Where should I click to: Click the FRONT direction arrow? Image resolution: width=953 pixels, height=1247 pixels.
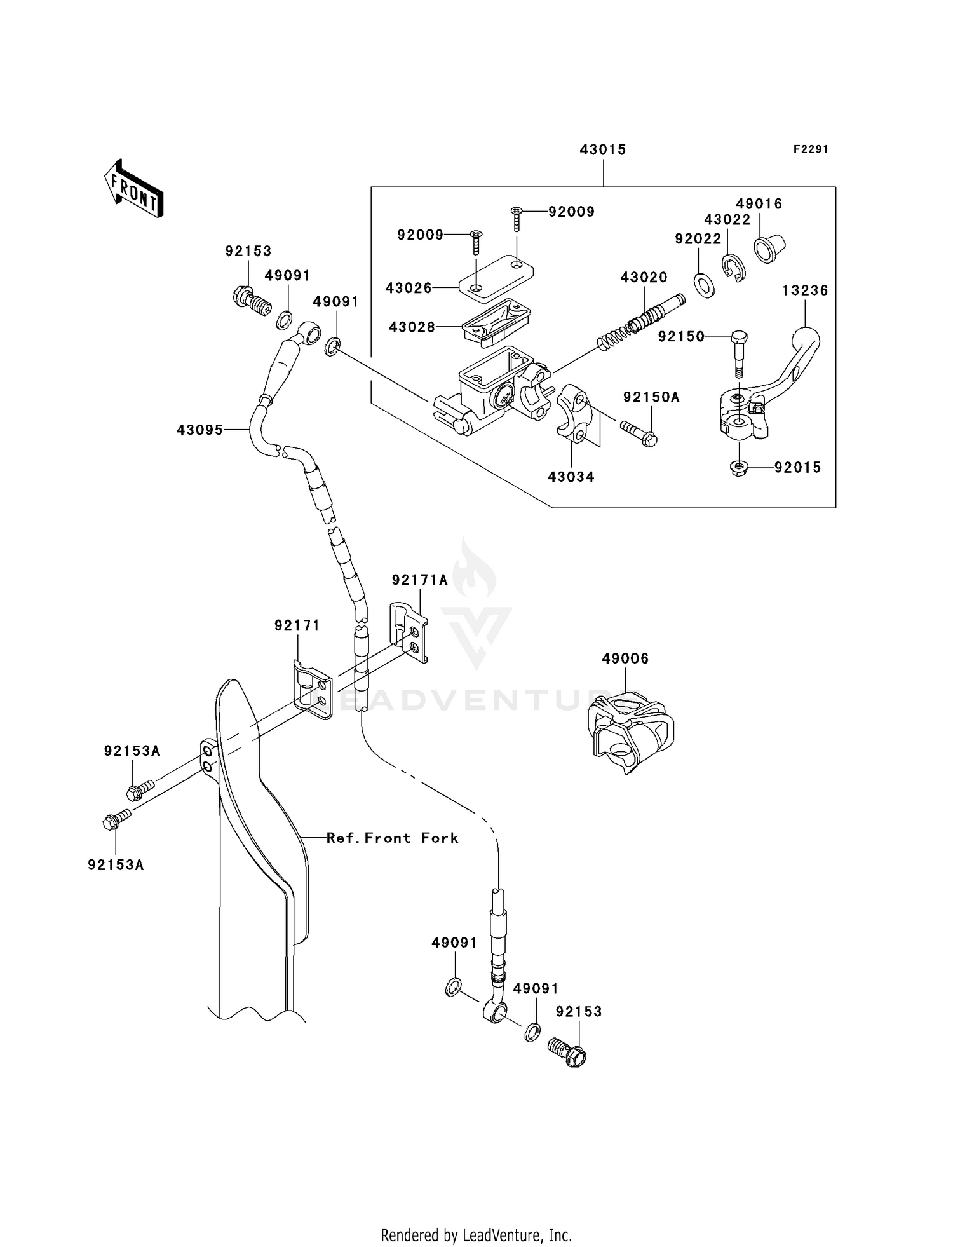(134, 189)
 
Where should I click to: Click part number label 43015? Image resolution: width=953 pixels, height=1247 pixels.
(602, 150)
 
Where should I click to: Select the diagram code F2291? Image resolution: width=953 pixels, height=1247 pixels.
(810, 149)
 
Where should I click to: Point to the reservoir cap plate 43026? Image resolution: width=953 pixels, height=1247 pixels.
(496, 277)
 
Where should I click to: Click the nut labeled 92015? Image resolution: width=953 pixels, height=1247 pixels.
(738, 468)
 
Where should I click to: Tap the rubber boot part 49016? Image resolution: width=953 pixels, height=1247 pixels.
(769, 249)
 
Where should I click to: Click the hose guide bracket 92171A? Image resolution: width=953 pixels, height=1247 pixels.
(408, 631)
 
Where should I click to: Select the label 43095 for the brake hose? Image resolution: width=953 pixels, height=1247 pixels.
(199, 430)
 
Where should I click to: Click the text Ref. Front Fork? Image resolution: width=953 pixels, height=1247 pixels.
(392, 838)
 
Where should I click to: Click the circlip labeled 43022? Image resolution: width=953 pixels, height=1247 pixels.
(734, 268)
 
